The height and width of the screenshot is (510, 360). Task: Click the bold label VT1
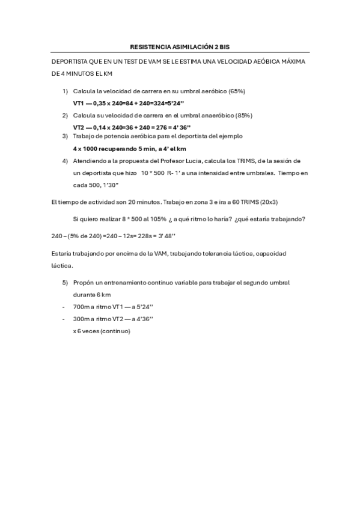pyautogui.click(x=79, y=103)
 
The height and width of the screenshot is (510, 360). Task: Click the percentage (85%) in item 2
pyautogui.click(x=244, y=115)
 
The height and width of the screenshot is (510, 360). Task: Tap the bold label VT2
pyautogui.click(x=79, y=127)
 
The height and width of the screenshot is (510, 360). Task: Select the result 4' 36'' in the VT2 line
pyautogui.click(x=180, y=127)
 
